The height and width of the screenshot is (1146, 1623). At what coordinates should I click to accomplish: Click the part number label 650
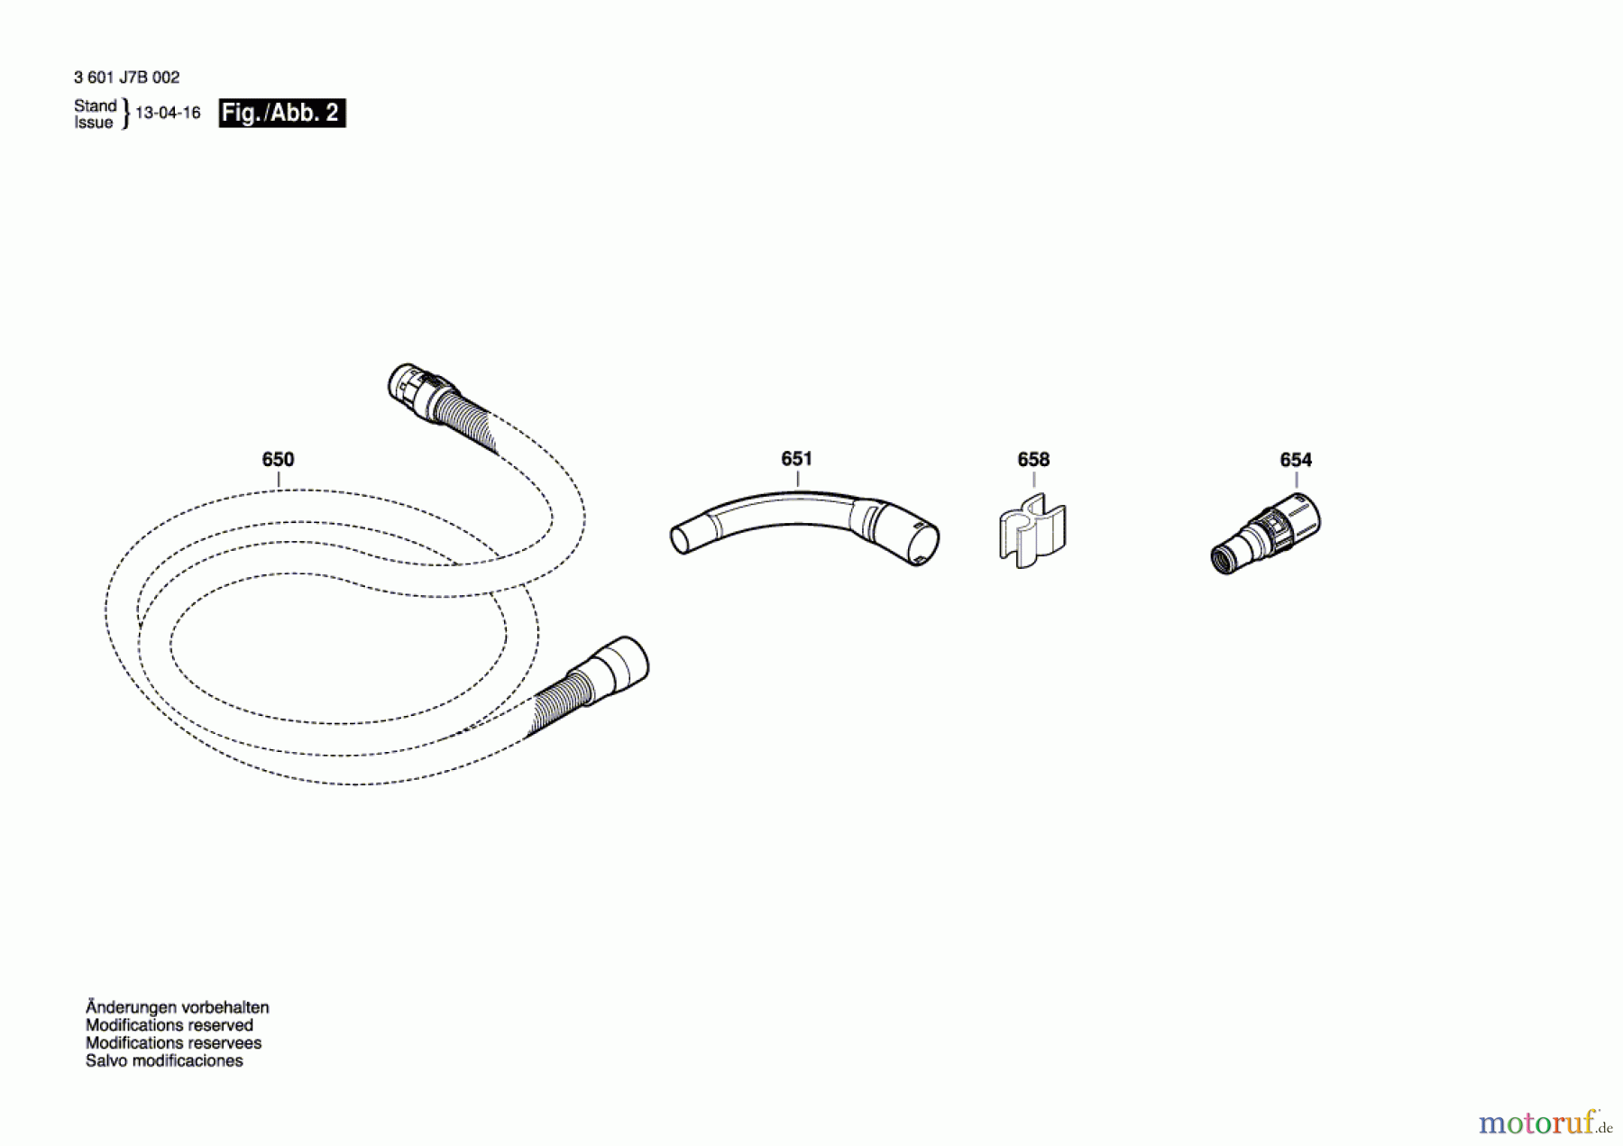278,460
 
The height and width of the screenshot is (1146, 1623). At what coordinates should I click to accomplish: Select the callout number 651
796,459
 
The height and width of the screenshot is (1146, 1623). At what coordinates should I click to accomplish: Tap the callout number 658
1033,460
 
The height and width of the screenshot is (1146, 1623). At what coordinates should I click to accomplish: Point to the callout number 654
1296,460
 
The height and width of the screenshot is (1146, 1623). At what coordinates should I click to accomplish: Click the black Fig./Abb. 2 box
281,113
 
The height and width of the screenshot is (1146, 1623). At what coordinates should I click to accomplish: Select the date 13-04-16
168,113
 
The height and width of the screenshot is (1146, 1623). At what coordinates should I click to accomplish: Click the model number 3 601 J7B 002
126,78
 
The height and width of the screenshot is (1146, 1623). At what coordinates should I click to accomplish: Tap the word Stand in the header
95,105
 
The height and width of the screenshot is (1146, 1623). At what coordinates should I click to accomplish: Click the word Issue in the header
93,123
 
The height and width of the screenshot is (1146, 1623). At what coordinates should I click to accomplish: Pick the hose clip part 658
1032,532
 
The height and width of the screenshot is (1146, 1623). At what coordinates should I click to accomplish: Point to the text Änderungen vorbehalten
177,1007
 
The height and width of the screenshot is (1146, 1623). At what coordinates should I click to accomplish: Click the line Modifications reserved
169,1025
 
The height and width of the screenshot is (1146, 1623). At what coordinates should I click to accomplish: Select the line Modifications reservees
173,1043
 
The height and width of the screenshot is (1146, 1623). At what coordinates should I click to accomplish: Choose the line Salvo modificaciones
164,1061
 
